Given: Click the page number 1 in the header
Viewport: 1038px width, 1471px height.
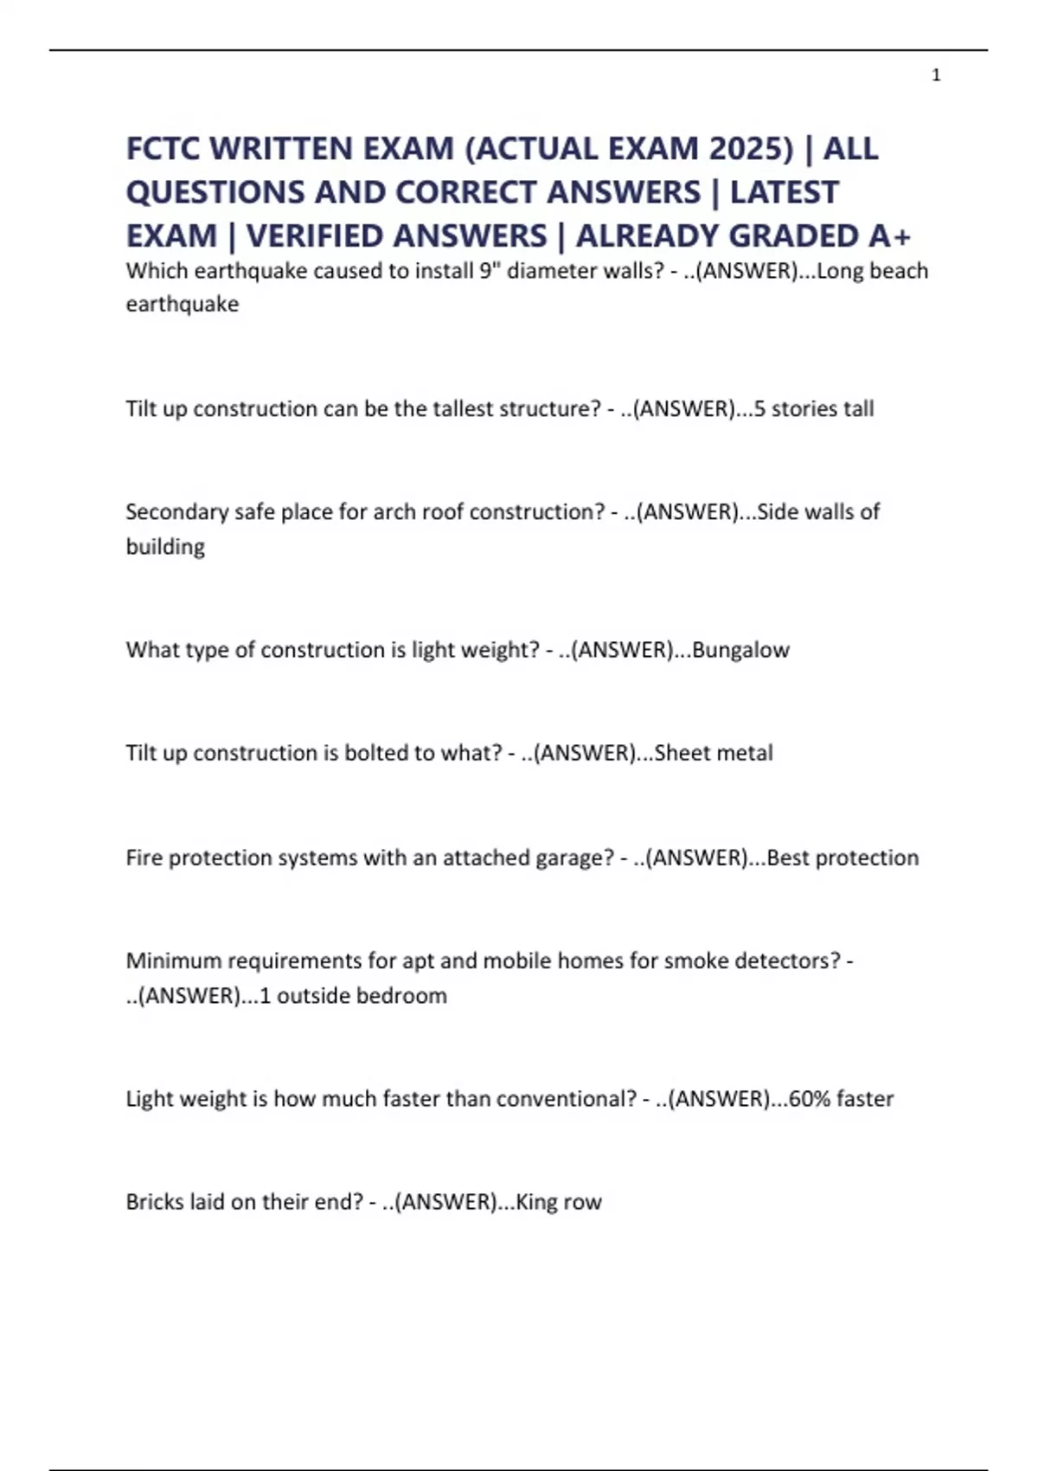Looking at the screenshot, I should [936, 76].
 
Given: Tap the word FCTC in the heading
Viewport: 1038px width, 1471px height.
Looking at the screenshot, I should [163, 149].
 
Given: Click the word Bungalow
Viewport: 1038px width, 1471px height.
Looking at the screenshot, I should [740, 650].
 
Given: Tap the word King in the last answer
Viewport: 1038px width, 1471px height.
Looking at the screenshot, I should [536, 1202].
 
